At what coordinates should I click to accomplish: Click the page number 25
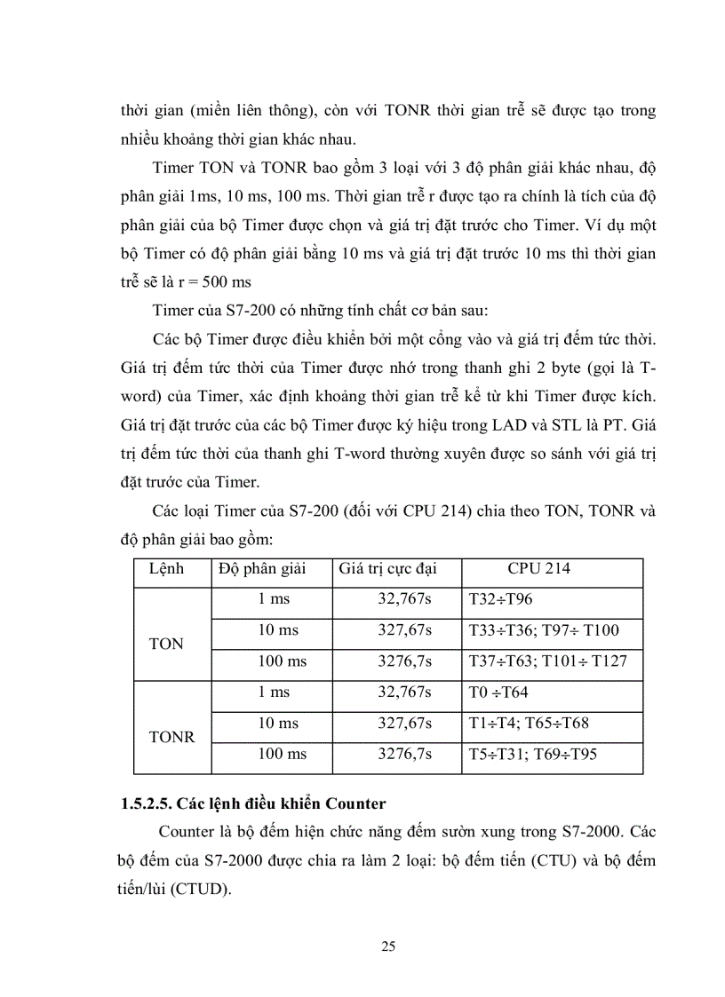[388, 946]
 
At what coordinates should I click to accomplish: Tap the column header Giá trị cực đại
[387, 569]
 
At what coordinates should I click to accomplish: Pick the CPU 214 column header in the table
[538, 569]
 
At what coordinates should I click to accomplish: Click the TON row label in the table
[166, 644]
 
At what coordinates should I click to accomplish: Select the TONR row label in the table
[172, 737]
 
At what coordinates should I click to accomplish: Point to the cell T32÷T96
[500, 600]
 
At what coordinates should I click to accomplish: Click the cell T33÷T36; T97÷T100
[543, 630]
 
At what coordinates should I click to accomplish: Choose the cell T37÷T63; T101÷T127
[547, 661]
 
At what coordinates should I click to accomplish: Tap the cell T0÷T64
[498, 692]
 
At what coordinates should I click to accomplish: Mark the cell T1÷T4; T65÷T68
[528, 724]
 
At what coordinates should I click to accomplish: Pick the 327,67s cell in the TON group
[404, 630]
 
